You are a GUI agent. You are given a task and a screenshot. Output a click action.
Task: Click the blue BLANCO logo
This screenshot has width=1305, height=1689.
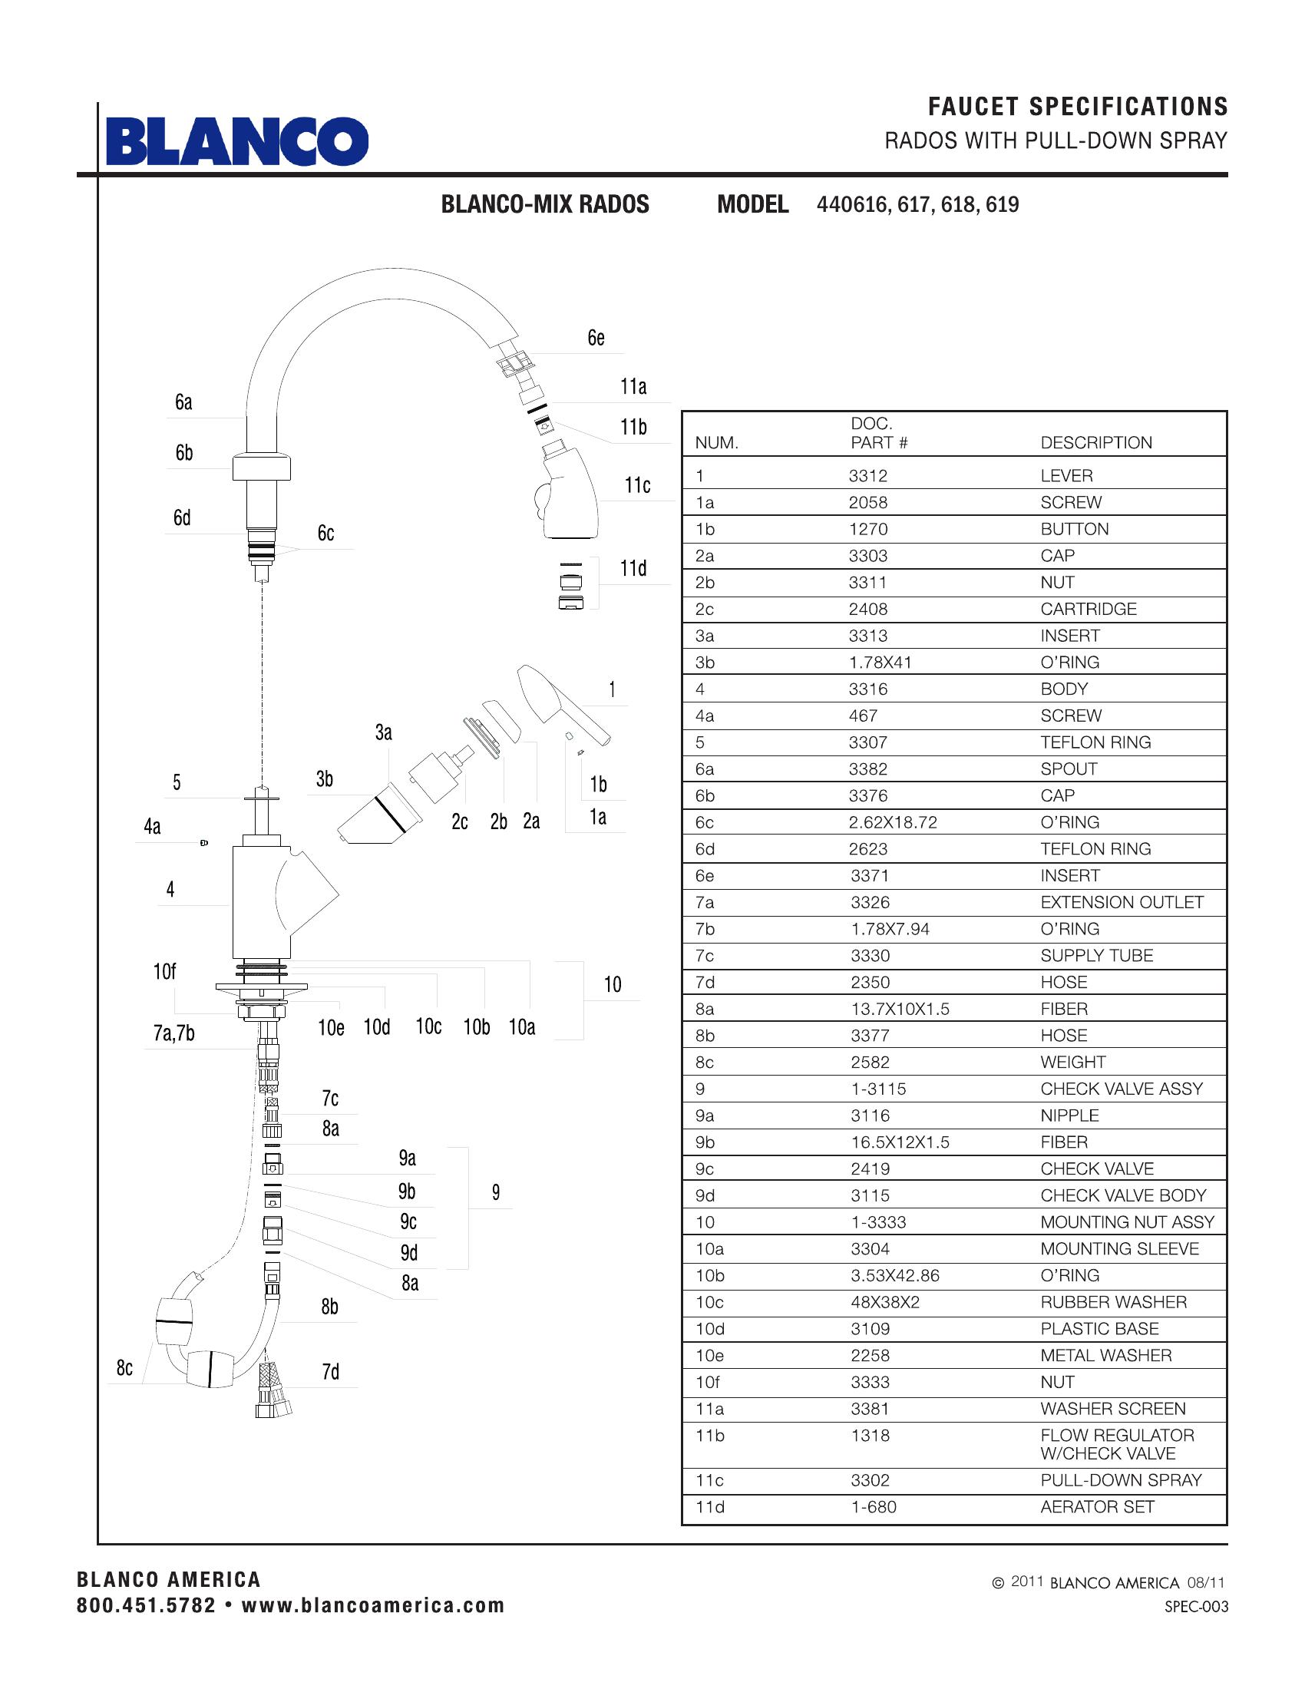coord(236,141)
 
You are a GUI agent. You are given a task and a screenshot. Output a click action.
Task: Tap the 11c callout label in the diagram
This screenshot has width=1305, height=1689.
coord(637,485)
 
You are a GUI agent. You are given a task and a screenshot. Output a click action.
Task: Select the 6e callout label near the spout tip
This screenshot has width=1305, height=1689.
coord(595,338)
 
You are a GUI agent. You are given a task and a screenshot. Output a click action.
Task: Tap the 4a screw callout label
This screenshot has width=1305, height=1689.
coord(152,827)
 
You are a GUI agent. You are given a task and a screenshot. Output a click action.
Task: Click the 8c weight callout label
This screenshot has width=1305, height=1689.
coord(124,1369)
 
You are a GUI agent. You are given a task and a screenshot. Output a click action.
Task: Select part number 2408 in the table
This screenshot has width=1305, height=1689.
coord(868,610)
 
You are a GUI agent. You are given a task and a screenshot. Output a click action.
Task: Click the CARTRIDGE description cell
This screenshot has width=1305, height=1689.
coord(1088,610)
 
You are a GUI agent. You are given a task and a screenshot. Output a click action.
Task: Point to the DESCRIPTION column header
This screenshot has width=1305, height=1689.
coord(1095,442)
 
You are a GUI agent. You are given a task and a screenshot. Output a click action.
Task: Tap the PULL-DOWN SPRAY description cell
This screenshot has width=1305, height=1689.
coord(1120,1480)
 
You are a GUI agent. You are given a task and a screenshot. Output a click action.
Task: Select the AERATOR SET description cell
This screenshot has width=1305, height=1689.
coord(1096,1506)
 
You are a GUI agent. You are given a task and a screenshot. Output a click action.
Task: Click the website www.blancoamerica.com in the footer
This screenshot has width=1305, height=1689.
coord(372,1605)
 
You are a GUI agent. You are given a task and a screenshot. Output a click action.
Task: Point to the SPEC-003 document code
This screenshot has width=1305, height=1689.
coord(1196,1607)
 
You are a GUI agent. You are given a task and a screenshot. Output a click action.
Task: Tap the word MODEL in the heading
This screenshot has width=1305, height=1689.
coord(752,204)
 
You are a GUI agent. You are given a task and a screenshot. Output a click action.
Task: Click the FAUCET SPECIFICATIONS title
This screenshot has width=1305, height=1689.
coord(1078,107)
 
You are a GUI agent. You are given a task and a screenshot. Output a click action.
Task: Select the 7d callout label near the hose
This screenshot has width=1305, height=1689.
coord(330,1372)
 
